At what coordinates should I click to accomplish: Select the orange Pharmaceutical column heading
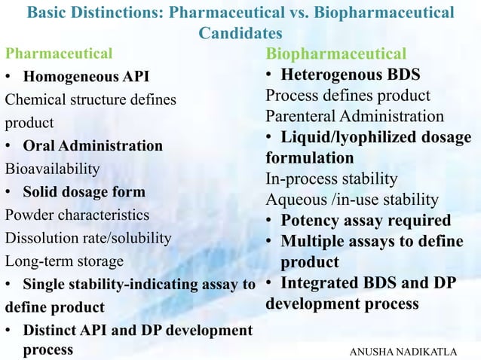[x=59, y=53]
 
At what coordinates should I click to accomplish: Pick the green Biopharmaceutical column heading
[x=335, y=54]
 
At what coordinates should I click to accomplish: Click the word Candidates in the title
[x=240, y=34]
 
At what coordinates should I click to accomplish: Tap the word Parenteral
[x=299, y=117]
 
